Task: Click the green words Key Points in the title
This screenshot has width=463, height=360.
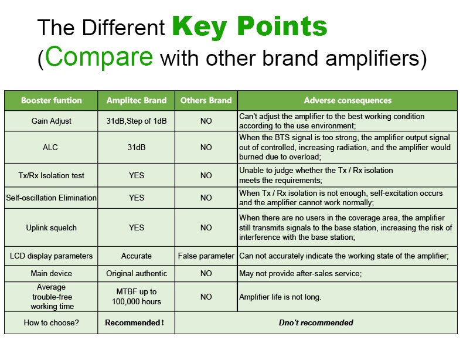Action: click(250, 27)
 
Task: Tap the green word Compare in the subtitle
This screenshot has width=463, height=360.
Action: click(99, 56)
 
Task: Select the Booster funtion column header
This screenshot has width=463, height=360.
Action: click(52, 100)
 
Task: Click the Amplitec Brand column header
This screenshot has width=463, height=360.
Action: click(137, 100)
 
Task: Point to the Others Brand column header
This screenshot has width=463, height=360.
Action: click(206, 100)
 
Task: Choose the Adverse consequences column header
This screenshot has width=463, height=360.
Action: click(348, 100)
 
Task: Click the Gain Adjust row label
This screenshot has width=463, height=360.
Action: click(52, 121)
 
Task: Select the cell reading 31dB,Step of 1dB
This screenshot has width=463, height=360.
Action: click(137, 121)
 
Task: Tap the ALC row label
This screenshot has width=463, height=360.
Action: click(50, 147)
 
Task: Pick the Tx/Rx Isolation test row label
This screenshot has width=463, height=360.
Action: click(52, 175)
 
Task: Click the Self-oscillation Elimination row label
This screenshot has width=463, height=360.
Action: click(52, 198)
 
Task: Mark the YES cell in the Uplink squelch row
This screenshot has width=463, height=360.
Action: click(137, 227)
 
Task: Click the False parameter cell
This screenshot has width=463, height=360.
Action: click(206, 256)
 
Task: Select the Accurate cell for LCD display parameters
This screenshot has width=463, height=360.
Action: click(137, 256)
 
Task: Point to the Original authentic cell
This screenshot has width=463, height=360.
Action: click(137, 273)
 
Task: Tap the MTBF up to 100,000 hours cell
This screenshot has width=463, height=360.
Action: click(137, 297)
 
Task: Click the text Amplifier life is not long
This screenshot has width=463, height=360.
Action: click(280, 297)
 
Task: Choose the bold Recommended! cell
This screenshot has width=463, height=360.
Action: click(135, 322)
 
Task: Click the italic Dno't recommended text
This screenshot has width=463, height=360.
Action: click(316, 322)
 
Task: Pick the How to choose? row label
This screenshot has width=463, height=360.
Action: click(52, 322)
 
